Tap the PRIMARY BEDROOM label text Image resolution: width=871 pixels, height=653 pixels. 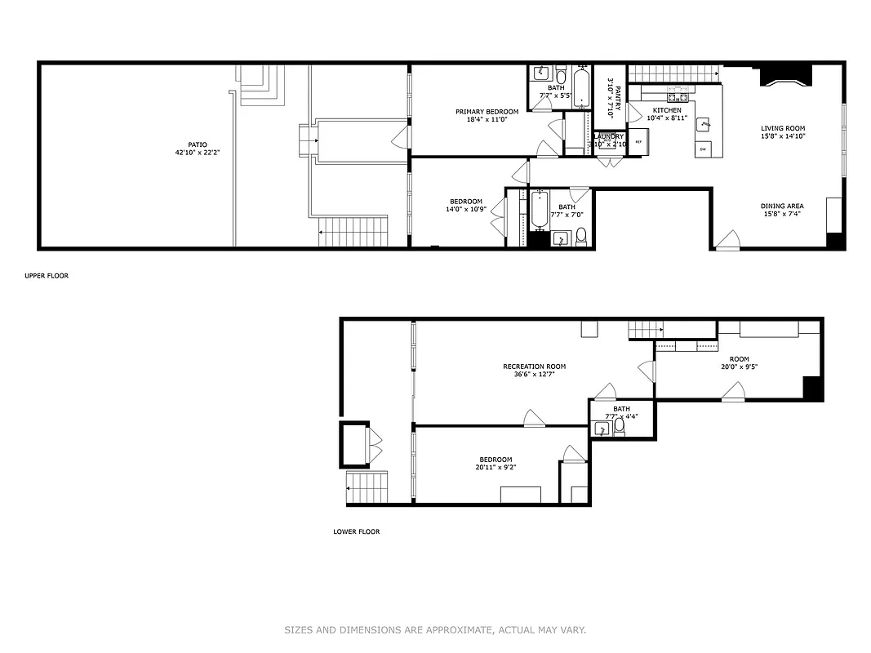[487, 112]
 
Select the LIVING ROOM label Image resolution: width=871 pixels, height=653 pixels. [783, 128]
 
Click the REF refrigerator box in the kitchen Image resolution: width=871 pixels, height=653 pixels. [638, 142]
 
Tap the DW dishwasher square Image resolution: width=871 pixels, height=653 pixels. [703, 149]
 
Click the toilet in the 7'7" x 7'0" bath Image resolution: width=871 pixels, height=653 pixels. [581, 237]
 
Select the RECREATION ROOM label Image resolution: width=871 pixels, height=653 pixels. [534, 366]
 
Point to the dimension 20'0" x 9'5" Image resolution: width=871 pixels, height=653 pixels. [739, 367]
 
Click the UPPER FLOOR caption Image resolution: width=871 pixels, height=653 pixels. [47, 276]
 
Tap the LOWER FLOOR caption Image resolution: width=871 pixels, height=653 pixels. [356, 531]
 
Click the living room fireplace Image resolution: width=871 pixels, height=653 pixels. [786, 77]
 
